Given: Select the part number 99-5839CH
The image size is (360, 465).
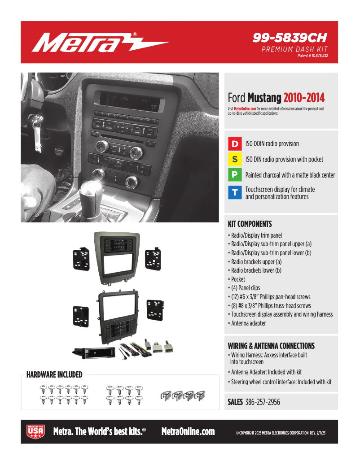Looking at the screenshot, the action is pos(290,38).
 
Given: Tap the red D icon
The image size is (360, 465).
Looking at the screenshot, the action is pos(235,144).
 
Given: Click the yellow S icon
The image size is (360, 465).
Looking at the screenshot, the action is pos(235,159).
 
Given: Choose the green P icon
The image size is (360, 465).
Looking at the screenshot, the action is pos(235,174).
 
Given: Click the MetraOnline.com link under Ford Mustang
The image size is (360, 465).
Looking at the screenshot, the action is pos(245,109).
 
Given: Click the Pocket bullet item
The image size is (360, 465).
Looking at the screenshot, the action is pos(238,279).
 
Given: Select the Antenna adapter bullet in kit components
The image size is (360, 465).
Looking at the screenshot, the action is pos(248,323).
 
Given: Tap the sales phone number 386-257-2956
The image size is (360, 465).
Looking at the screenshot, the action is pos(263,402).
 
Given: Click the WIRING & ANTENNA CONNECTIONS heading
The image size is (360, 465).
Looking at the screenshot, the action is pos(271,346).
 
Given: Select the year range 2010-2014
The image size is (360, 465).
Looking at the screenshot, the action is pos(304,98).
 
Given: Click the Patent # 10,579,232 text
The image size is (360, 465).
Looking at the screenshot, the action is pos(312,56).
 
